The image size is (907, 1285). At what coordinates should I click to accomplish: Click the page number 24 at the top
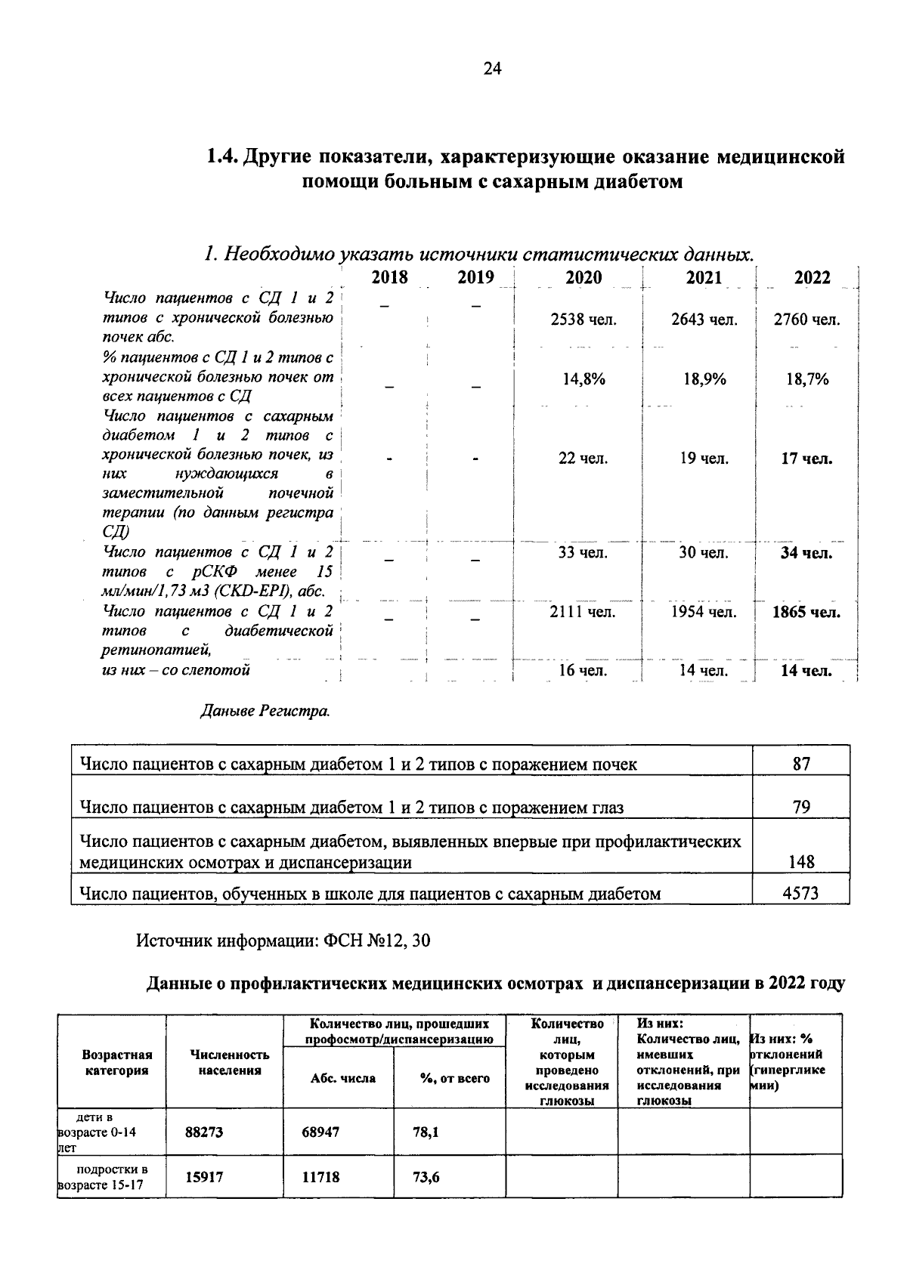[x=492, y=70]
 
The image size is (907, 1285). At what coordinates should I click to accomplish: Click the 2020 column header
[x=584, y=278]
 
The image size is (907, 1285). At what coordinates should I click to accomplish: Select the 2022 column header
[x=813, y=278]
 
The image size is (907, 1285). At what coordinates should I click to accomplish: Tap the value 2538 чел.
[x=584, y=320]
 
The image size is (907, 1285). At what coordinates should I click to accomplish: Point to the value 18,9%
[x=704, y=379]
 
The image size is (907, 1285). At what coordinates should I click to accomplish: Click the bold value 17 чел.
[x=806, y=459]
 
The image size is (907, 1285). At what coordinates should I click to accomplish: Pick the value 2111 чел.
[x=582, y=612]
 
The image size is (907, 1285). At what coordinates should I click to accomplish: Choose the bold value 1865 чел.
[x=806, y=612]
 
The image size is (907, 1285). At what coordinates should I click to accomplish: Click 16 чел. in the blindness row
[x=582, y=670]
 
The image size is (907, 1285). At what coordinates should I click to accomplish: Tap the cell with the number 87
[x=801, y=764]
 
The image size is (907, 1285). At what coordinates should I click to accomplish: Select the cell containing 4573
[x=801, y=894]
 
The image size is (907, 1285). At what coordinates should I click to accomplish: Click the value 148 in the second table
[x=801, y=862]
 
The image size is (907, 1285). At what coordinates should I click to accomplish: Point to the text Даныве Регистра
[x=265, y=711]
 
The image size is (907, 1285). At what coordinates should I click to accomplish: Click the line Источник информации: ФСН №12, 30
[x=283, y=941]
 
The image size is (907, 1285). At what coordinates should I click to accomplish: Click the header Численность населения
[x=230, y=1062]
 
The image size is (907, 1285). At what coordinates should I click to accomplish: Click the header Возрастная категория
[x=116, y=1062]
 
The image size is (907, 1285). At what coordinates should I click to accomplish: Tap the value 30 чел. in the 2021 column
[x=703, y=553]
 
